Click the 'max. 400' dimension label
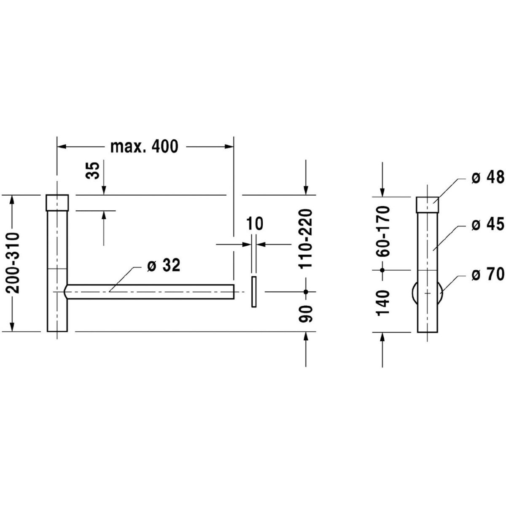[144, 147]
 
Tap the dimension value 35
[93, 170]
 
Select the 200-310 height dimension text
[12, 263]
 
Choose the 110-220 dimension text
[305, 239]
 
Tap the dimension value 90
[305, 314]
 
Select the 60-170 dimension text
[382, 231]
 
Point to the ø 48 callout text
[488, 178]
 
